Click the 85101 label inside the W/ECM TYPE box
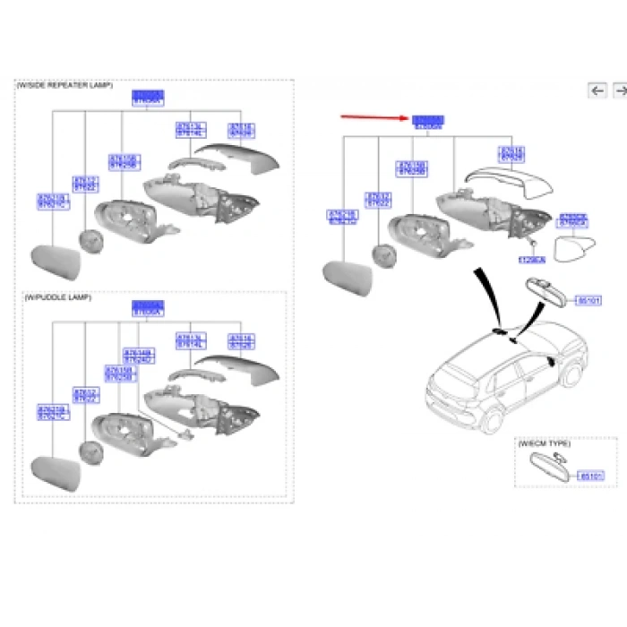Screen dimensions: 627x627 (591, 477)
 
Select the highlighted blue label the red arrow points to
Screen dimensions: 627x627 (428, 120)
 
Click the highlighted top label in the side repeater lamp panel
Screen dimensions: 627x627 (147, 95)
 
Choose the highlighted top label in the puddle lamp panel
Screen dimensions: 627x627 (147, 306)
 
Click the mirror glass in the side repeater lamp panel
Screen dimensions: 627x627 (56, 261)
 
